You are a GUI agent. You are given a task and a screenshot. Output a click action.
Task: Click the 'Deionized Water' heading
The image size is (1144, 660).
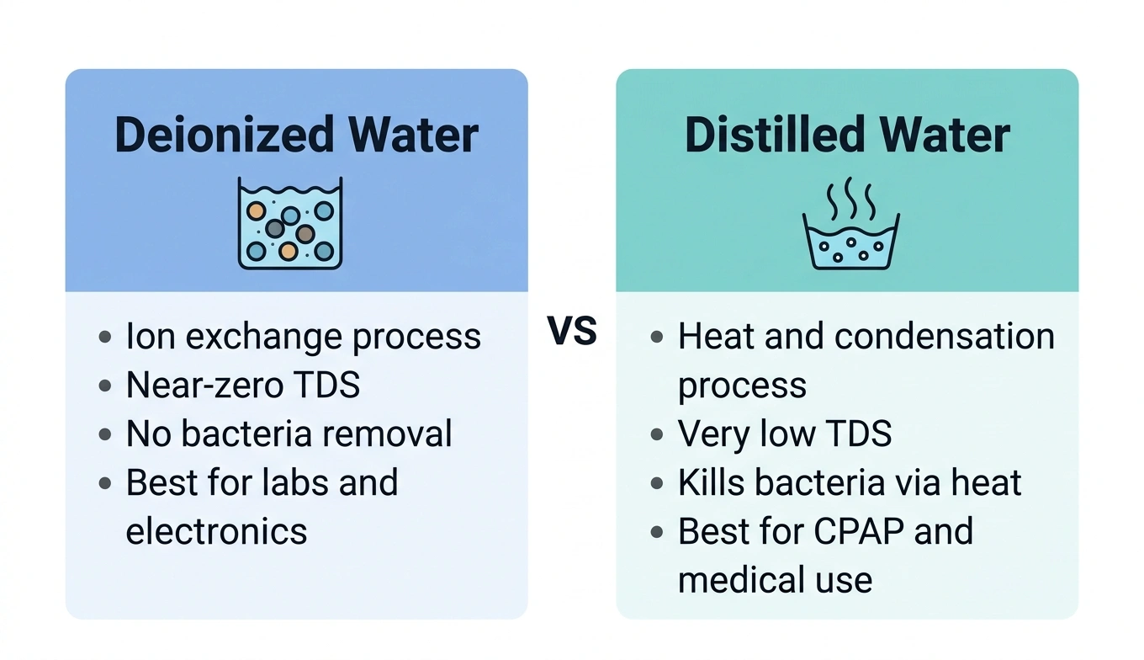(x=296, y=136)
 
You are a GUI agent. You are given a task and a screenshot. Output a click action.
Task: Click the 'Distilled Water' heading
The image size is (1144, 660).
(x=847, y=136)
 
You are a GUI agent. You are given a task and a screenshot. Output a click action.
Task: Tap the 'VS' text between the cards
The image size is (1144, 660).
(x=572, y=332)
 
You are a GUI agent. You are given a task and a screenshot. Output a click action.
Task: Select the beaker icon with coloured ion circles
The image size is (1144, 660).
(x=290, y=223)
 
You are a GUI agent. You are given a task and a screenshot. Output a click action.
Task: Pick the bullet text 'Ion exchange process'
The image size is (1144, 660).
(x=303, y=337)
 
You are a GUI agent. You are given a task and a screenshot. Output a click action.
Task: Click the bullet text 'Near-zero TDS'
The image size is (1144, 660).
(x=242, y=386)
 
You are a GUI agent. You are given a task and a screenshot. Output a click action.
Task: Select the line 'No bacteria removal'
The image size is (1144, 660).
(x=289, y=434)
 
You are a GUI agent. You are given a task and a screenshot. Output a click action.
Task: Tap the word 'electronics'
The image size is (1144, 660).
(x=216, y=531)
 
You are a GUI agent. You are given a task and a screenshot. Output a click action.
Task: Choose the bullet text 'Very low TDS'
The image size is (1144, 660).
(x=784, y=434)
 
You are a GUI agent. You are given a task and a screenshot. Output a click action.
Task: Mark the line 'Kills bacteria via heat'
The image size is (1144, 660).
(x=850, y=483)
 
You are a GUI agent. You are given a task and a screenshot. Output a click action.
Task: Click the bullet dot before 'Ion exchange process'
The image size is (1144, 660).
(x=104, y=338)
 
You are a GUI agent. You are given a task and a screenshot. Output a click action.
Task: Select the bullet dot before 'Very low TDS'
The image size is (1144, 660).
(x=657, y=435)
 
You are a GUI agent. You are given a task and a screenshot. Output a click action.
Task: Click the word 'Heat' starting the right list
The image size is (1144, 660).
(x=713, y=337)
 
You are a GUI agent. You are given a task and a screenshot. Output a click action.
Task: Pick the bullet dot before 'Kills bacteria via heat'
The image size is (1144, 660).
(x=657, y=484)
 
